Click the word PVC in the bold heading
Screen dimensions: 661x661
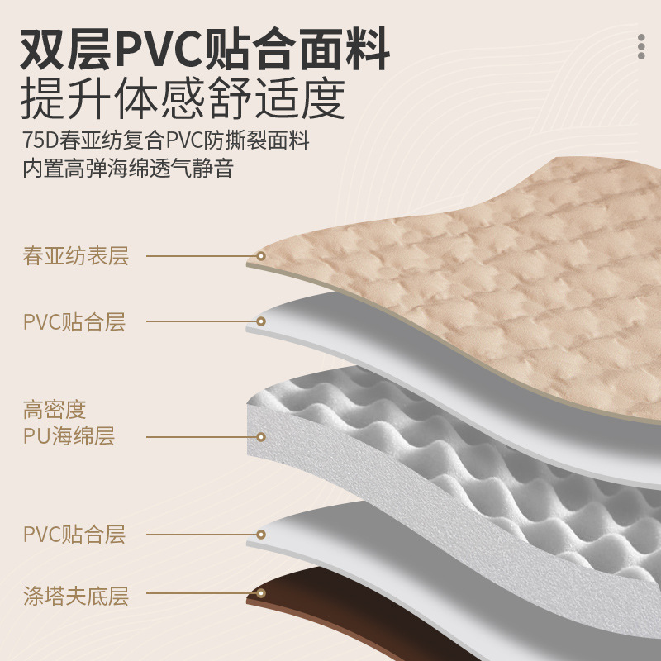coord(157,50)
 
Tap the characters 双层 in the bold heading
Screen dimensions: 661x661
coord(64,50)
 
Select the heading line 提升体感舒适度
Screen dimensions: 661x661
coord(181,101)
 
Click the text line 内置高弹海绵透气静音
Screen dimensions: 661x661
coord(128,169)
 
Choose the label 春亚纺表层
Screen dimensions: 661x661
coord(76,256)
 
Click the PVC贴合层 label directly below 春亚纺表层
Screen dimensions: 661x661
coord(74,321)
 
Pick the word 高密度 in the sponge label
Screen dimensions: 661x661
coord(55,410)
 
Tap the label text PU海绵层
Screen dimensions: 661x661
coord(69,436)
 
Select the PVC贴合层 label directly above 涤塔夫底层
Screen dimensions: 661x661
coord(74,534)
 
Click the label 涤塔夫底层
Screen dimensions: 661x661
coord(76,595)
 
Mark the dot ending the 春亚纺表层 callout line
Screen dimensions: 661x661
coord(261,256)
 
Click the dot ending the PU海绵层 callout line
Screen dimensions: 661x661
coord(261,436)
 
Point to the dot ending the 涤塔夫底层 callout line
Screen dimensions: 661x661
coord(261,593)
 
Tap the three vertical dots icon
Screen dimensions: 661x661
coord(641,46)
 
